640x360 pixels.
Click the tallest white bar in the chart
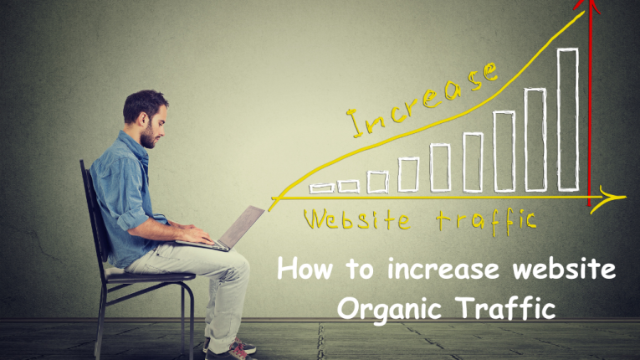point(567,119)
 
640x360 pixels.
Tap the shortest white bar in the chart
point(320,188)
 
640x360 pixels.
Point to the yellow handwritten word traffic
point(485,219)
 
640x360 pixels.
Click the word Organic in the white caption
point(389,307)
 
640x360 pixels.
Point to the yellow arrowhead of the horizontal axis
point(617,198)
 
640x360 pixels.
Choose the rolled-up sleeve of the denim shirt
point(125,220)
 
